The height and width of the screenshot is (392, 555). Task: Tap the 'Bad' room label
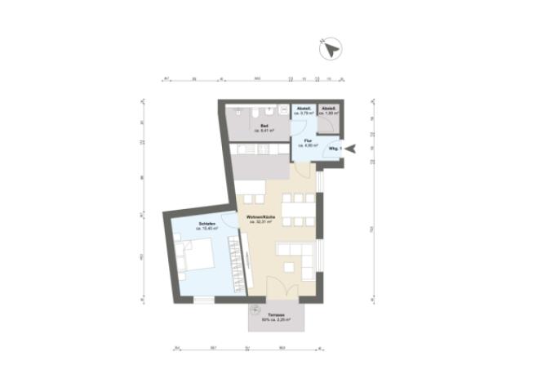[x=263, y=126]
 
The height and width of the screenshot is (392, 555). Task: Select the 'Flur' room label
[x=309, y=140]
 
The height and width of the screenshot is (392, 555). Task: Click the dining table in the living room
[x=300, y=208]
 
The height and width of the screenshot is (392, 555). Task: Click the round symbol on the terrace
[x=255, y=310]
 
